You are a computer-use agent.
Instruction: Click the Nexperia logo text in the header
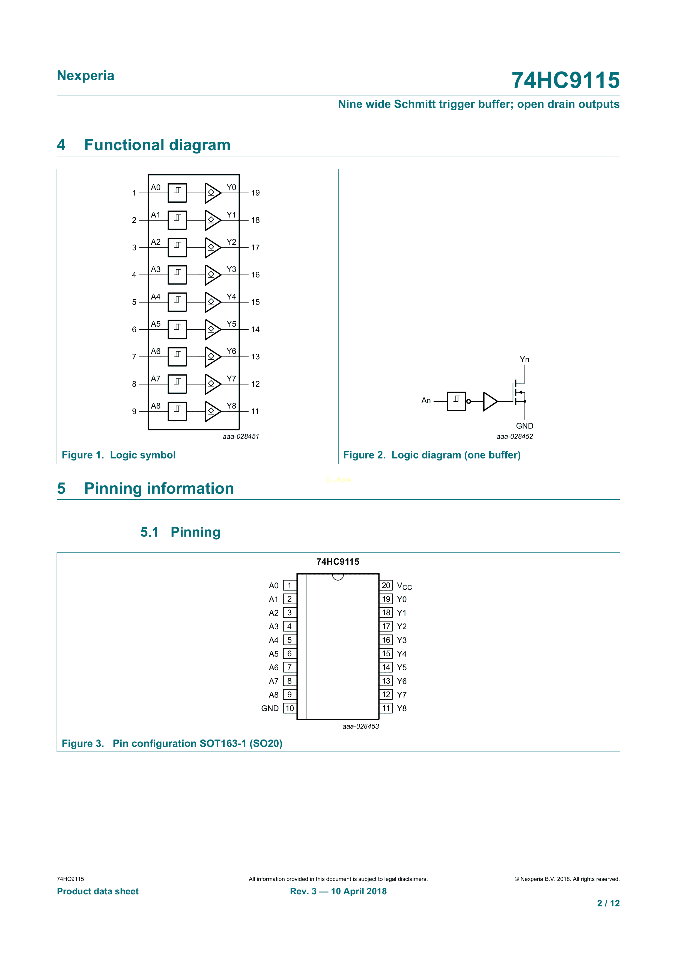(85, 76)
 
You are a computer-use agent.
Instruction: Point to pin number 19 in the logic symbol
(255, 193)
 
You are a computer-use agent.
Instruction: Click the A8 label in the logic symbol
(156, 406)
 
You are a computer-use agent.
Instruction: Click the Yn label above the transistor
(524, 360)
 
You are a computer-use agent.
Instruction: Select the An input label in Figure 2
(426, 401)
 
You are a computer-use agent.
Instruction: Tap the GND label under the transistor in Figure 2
(524, 426)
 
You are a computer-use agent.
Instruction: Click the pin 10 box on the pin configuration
(290, 708)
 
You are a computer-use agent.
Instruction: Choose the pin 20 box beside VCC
(386, 586)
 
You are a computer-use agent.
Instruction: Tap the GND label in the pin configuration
(270, 708)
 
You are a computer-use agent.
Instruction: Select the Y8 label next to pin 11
(401, 708)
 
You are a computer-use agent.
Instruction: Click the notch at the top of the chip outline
(338, 577)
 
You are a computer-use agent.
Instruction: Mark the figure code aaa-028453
(360, 726)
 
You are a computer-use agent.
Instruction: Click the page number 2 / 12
(608, 903)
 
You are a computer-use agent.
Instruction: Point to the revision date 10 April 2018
(359, 891)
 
